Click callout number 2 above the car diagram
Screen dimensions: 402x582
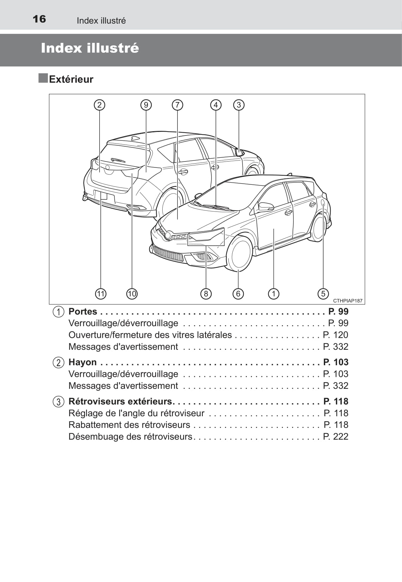tap(99, 105)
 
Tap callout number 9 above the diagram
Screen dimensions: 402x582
tap(146, 105)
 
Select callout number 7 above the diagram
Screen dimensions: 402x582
tap(177, 105)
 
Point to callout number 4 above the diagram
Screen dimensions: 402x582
tap(216, 105)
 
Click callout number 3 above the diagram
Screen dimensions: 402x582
tap(239, 105)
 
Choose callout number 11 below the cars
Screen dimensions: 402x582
tap(101, 294)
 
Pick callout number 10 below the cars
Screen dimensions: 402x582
tap(132, 294)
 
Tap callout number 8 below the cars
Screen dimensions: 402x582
tap(206, 294)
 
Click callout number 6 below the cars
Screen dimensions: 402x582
tap(238, 294)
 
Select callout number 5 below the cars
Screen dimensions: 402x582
tap(323, 294)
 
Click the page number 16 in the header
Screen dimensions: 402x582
tap(39, 19)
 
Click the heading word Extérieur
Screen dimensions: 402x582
tap(71, 79)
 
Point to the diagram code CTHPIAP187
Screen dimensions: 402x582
tap(348, 301)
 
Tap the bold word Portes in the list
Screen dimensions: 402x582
tap(83, 311)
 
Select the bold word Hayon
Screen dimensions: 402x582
tap(82, 362)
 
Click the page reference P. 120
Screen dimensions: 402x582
tap(335, 335)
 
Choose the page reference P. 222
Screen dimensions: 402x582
tap(335, 436)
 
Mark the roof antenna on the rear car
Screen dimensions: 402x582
tap(136, 138)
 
